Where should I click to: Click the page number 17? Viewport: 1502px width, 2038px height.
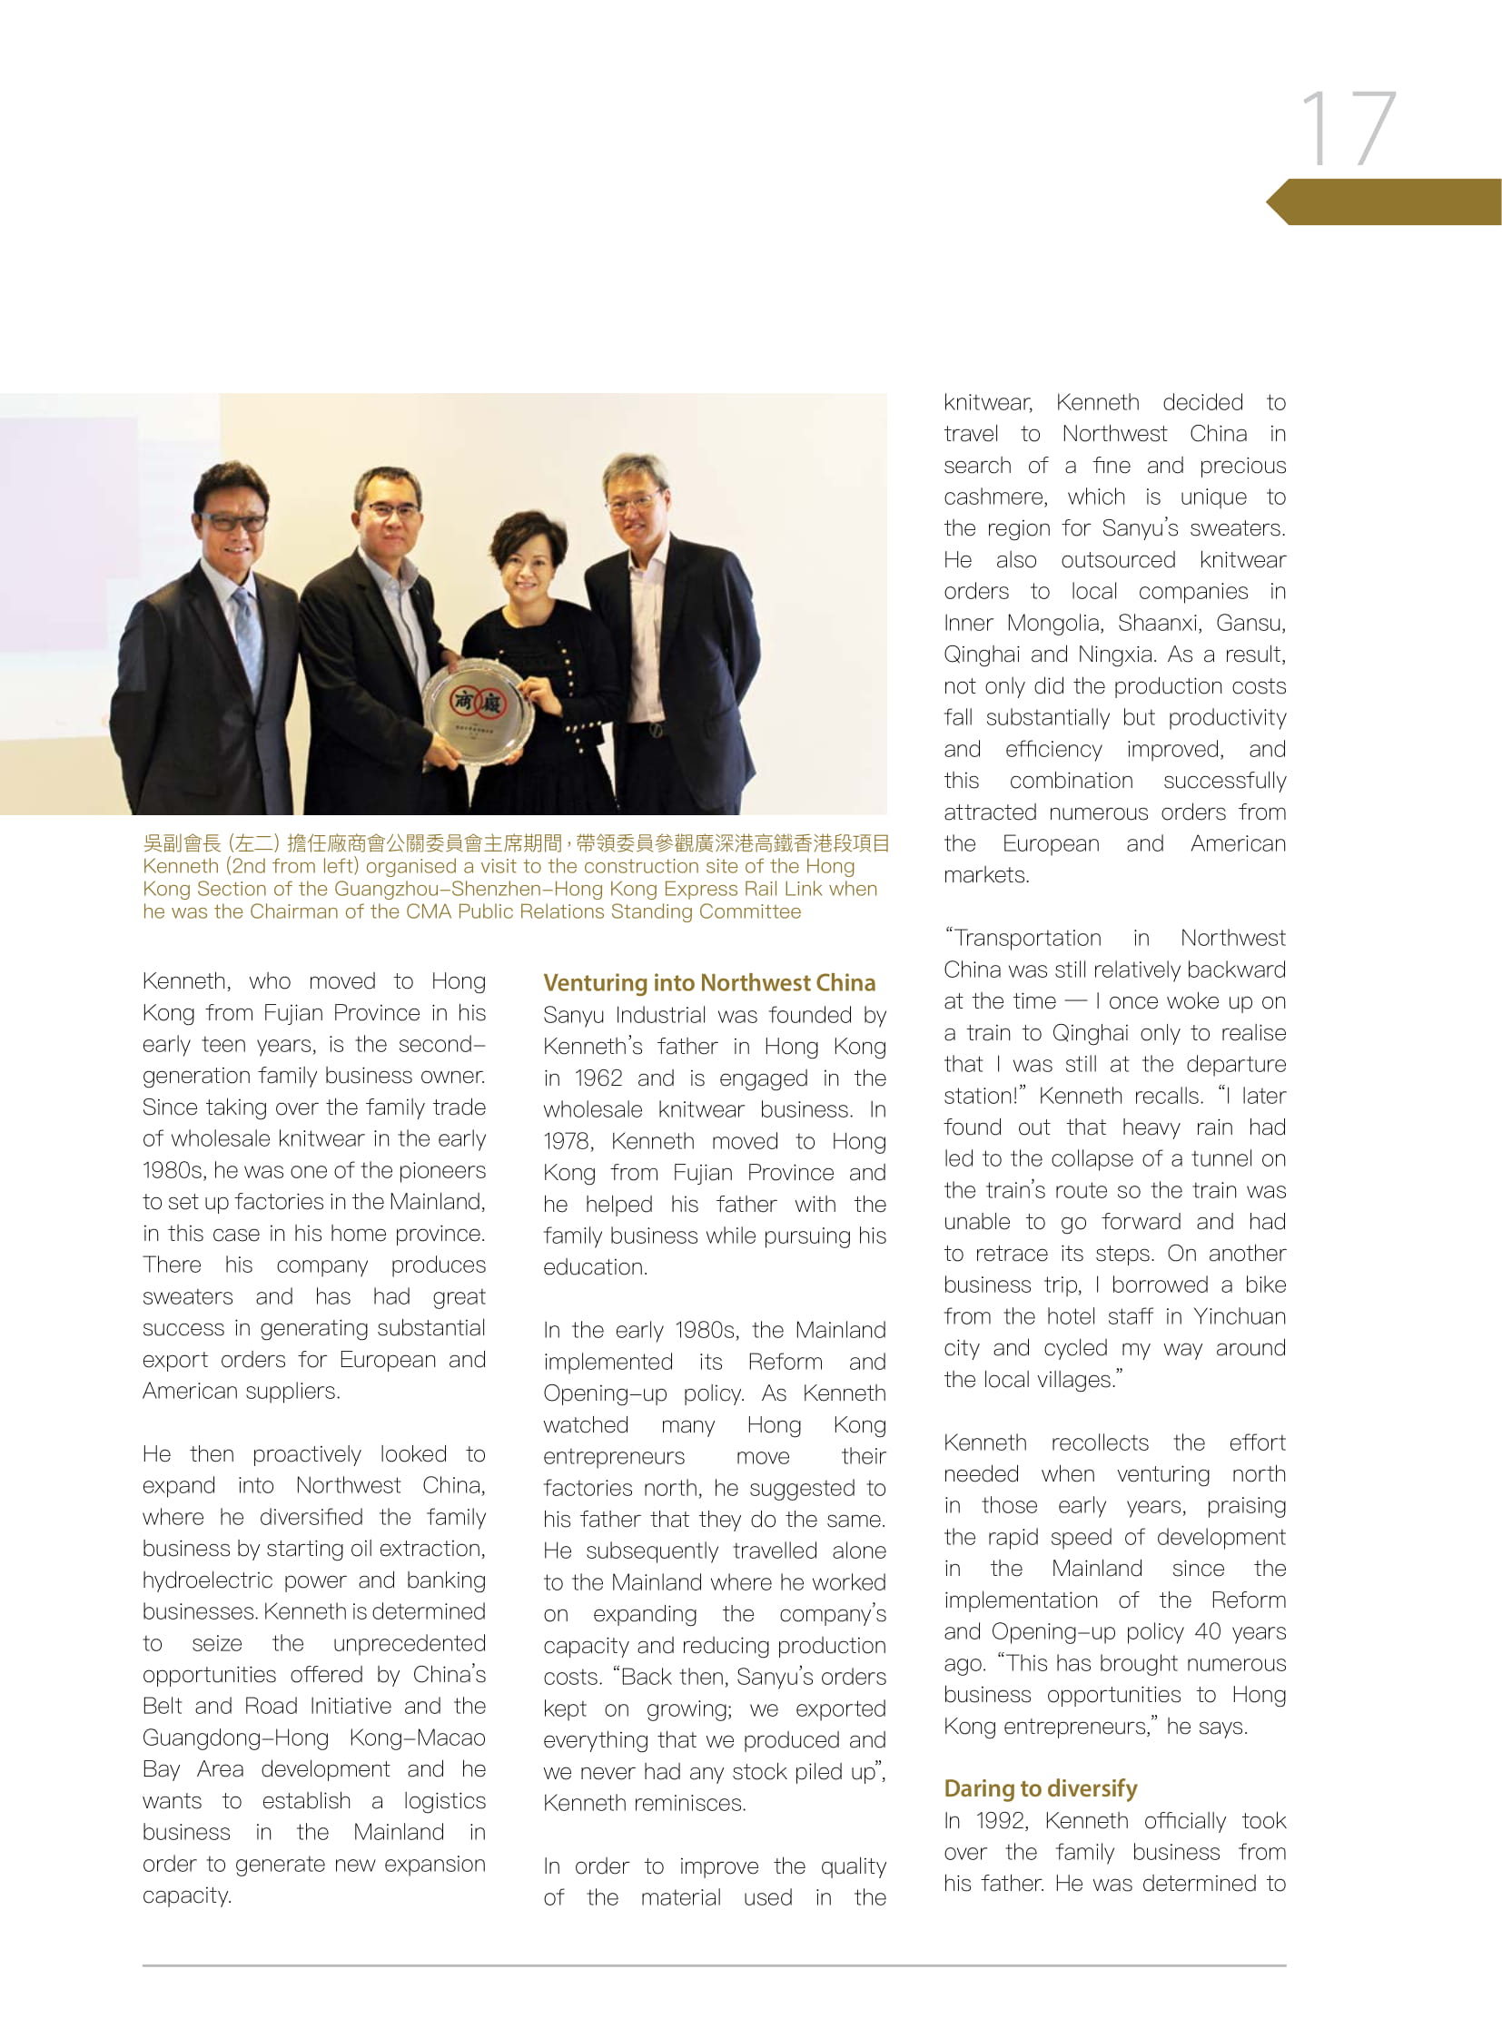tap(1348, 129)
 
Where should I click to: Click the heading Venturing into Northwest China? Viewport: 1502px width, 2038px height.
tap(709, 982)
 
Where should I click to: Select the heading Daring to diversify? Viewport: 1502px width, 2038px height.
tap(1040, 1788)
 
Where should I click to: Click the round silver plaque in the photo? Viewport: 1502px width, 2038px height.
tap(479, 715)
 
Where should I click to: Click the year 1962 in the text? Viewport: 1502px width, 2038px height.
tap(598, 1078)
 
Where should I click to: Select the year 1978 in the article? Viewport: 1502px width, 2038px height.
tap(568, 1141)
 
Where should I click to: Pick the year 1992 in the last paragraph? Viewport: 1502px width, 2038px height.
tap(1001, 1820)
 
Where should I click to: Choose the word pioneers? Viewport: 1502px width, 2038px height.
tap(441, 1170)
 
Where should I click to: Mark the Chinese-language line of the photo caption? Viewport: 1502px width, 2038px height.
tap(516, 843)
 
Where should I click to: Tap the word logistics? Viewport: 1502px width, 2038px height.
tap(445, 1801)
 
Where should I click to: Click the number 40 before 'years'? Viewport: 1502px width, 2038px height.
tap(1208, 1631)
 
